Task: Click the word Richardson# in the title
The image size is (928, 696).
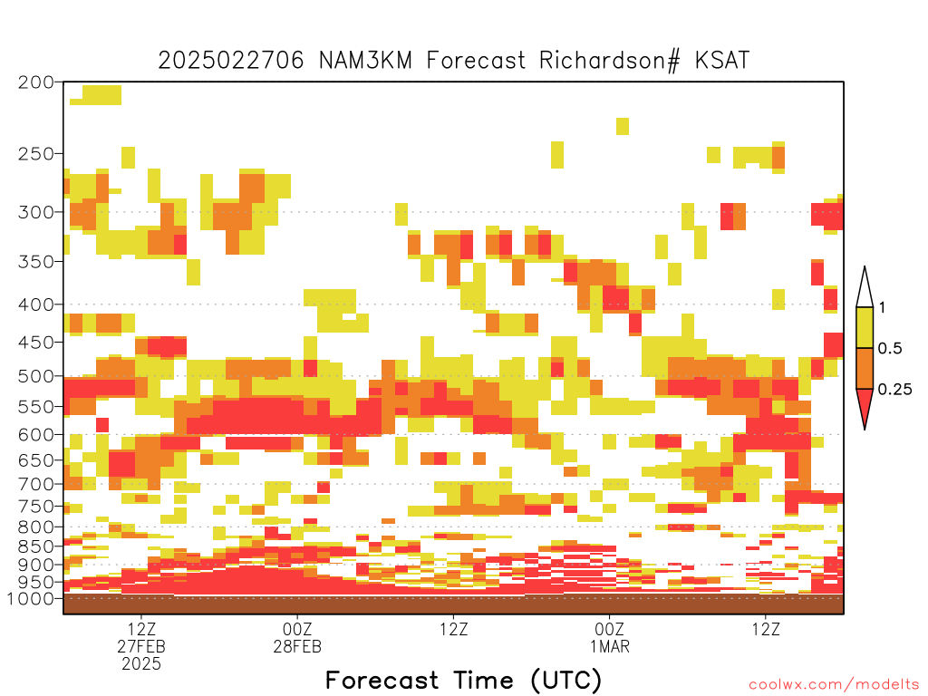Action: (610, 61)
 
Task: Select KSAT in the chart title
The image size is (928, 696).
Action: (722, 61)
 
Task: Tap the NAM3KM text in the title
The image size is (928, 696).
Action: (365, 61)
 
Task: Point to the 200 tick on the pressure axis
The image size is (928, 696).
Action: (36, 82)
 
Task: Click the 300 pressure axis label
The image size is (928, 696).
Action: (36, 212)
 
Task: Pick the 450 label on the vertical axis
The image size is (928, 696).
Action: (36, 342)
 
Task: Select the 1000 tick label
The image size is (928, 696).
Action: (30, 598)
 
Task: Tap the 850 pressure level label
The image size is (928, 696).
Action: (36, 546)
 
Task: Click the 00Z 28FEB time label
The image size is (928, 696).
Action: (297, 637)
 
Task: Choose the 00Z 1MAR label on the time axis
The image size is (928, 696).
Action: (610, 637)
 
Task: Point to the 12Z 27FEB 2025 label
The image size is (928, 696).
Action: (141, 646)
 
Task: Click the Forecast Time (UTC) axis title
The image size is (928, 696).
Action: (463, 681)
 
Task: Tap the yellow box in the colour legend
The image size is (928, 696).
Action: (865, 327)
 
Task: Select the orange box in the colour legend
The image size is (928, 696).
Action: (865, 368)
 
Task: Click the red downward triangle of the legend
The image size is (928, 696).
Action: (865, 406)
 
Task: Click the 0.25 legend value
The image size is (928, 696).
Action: (894, 390)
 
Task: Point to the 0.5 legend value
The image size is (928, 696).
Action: (890, 349)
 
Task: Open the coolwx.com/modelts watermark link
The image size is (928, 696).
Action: (835, 685)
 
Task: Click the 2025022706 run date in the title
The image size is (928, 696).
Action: (231, 61)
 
